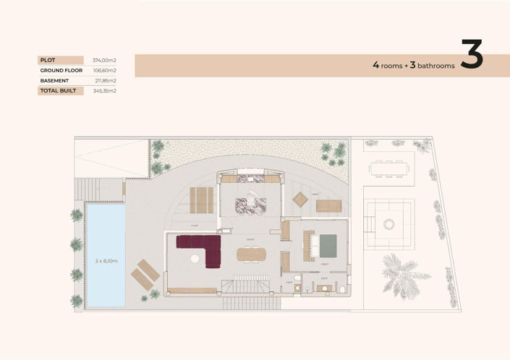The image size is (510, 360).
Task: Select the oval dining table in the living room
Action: [251, 254]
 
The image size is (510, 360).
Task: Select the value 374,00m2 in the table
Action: [105, 60]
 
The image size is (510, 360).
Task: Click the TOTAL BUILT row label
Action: [59, 91]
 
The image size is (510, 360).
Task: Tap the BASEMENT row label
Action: [54, 80]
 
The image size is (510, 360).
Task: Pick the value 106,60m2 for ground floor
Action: [105, 70]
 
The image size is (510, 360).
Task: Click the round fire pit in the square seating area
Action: [389, 224]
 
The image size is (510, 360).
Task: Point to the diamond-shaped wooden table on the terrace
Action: [300, 199]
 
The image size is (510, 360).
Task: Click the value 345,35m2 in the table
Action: [105, 91]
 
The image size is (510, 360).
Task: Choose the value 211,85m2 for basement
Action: [105, 80]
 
